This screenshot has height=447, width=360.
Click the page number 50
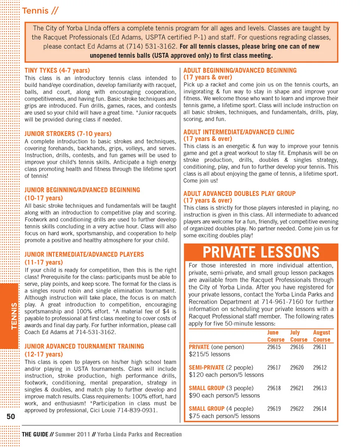click(x=10, y=417)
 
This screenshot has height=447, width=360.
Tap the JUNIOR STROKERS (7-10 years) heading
click(x=68, y=133)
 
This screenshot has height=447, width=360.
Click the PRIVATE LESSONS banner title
click(x=261, y=252)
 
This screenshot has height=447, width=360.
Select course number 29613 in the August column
click(x=320, y=388)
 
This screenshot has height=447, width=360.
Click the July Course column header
click(x=298, y=336)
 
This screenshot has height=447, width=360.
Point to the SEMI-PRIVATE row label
click(x=206, y=368)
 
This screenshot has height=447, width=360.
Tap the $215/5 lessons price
click(x=209, y=354)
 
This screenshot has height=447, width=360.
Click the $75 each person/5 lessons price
click(x=224, y=416)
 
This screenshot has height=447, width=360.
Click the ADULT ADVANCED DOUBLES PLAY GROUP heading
click(x=239, y=194)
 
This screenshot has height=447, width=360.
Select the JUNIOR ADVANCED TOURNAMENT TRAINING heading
click(x=84, y=346)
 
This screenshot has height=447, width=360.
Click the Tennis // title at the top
click(x=40, y=11)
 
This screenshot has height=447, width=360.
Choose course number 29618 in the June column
click(x=274, y=388)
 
